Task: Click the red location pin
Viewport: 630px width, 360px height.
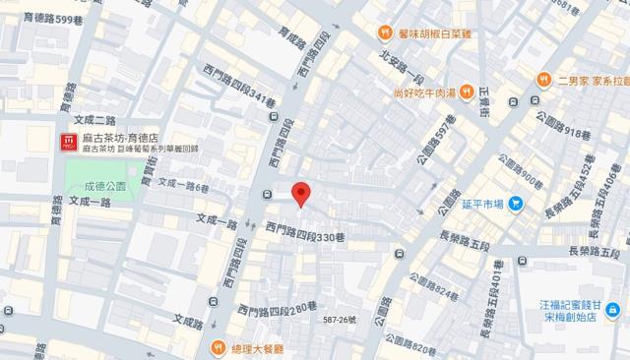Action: point(302,194)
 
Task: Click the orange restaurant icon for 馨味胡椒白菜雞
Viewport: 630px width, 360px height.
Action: point(387,32)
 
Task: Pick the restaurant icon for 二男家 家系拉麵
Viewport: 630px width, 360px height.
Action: point(542,78)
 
